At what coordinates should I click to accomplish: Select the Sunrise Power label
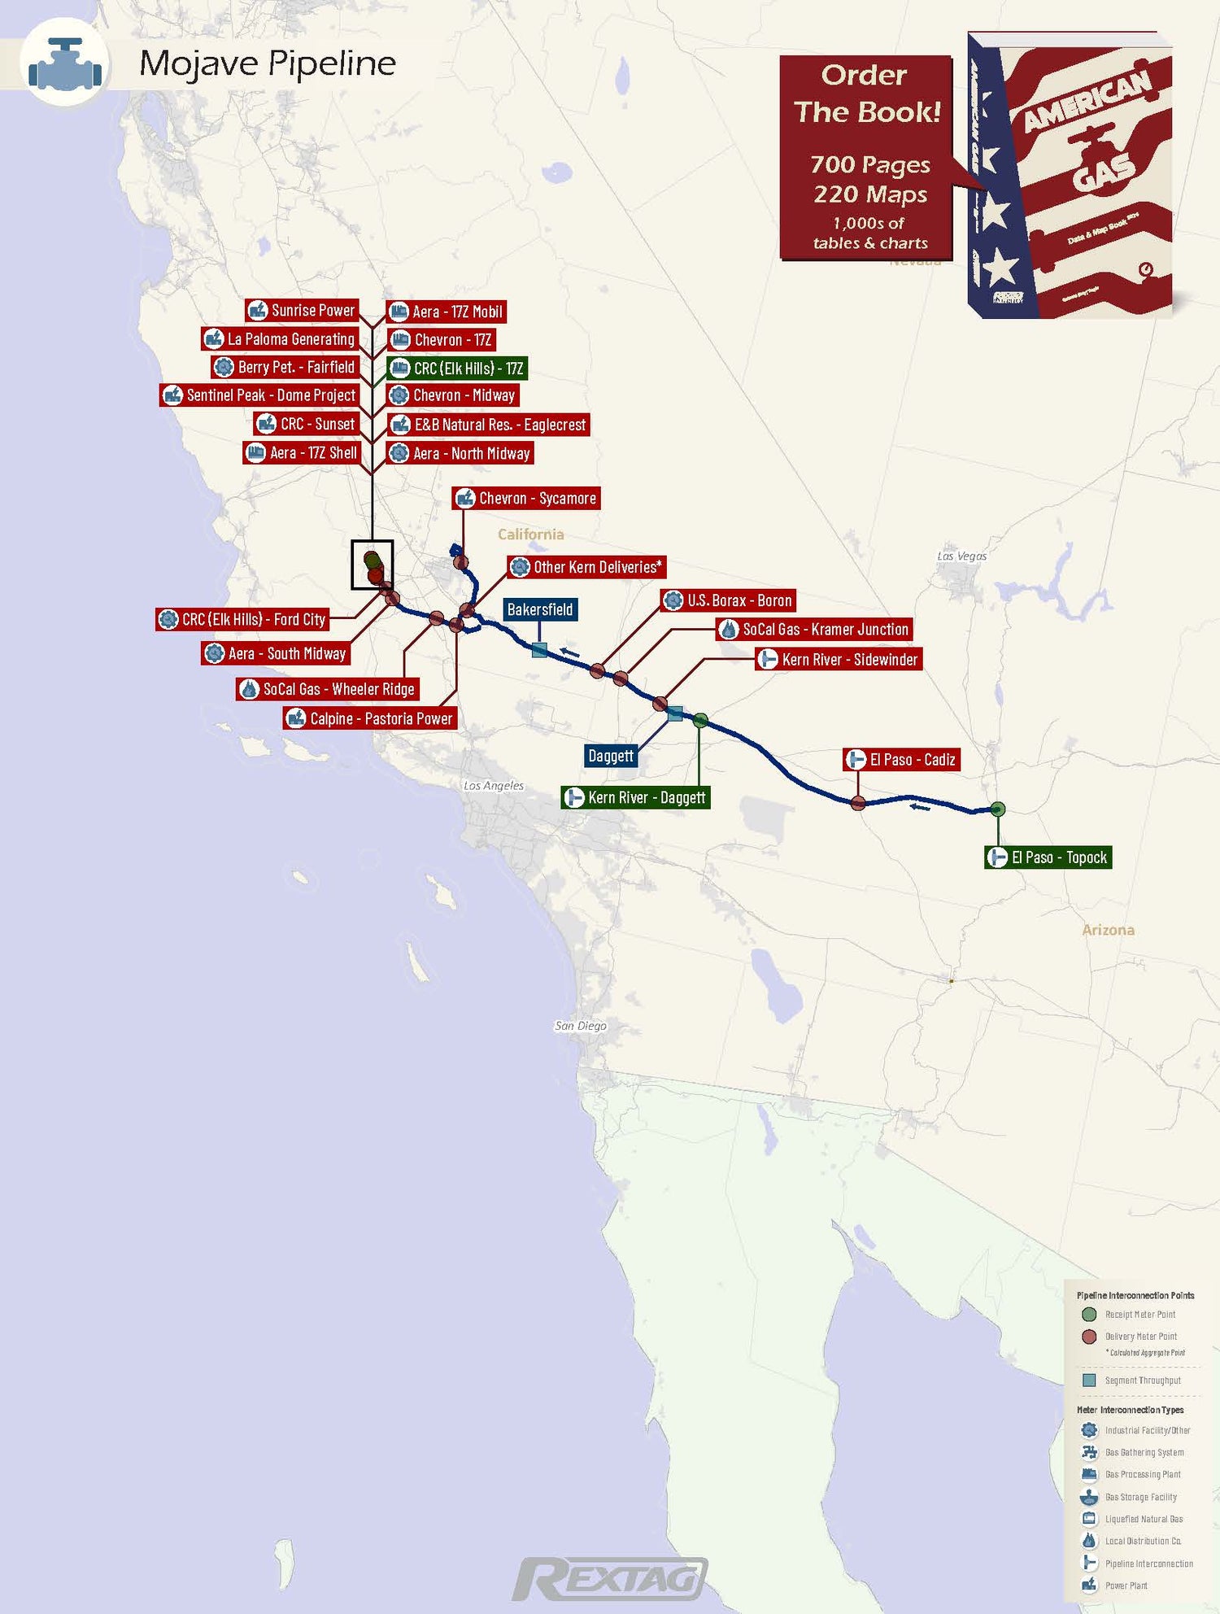tap(303, 310)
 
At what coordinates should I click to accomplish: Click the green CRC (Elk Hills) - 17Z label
tap(457, 369)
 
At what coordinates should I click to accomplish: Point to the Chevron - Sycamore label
tap(526, 499)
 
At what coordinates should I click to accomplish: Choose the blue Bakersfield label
tap(540, 609)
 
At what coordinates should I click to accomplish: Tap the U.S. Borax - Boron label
tap(728, 600)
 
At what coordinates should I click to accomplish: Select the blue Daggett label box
tap(611, 756)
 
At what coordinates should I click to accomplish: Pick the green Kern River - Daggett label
tap(636, 797)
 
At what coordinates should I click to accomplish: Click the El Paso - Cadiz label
tap(901, 760)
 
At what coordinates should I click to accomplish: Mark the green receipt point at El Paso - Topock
tap(998, 809)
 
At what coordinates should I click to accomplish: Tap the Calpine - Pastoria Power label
tap(370, 718)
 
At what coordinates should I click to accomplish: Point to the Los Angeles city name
tap(494, 785)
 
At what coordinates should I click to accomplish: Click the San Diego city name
tap(581, 1026)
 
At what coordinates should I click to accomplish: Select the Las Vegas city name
tap(961, 556)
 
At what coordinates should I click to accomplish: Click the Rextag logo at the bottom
tap(610, 1580)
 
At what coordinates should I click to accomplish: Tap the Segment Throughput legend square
tap(1089, 1381)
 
